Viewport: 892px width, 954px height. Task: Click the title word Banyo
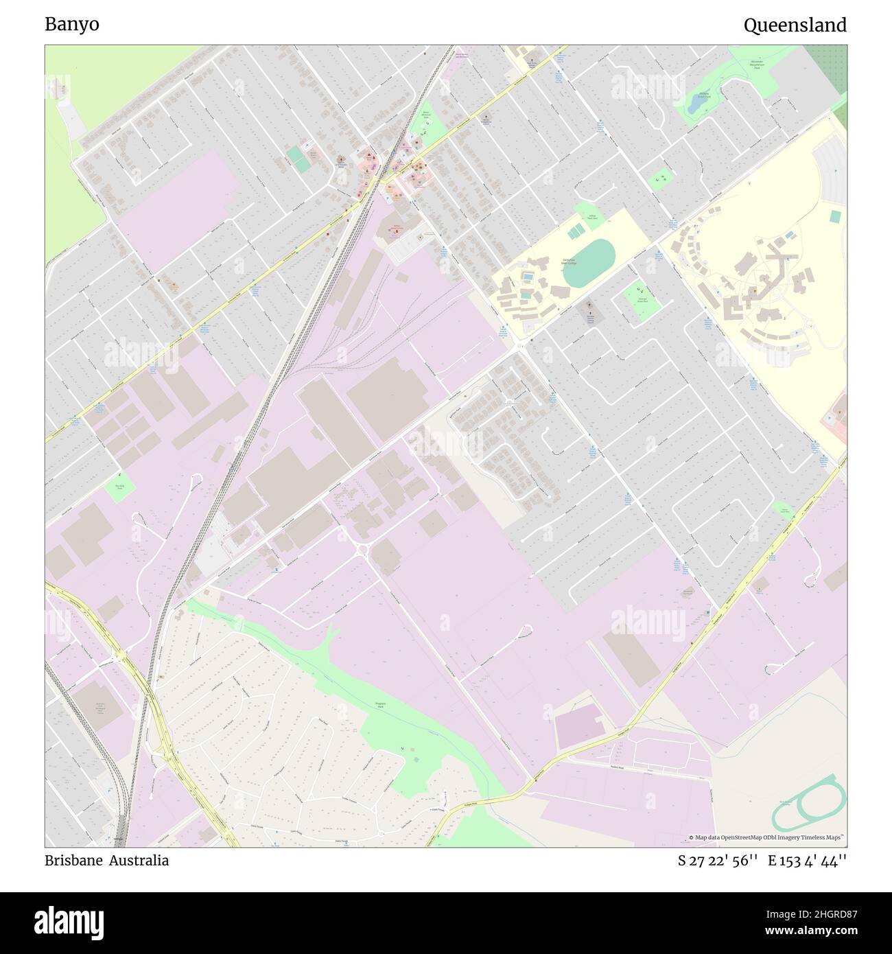pyautogui.click(x=72, y=25)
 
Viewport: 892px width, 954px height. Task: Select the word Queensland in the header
pyautogui.click(x=795, y=25)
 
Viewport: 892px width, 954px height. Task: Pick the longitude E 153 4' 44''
pyautogui.click(x=807, y=861)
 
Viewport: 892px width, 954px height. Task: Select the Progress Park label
pyautogui.click(x=382, y=705)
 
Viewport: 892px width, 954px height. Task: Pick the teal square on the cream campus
pyautogui.click(x=835, y=216)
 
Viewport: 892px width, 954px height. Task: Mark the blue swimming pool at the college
pyautogui.click(x=528, y=277)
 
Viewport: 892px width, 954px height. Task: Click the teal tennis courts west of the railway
pyautogui.click(x=298, y=156)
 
